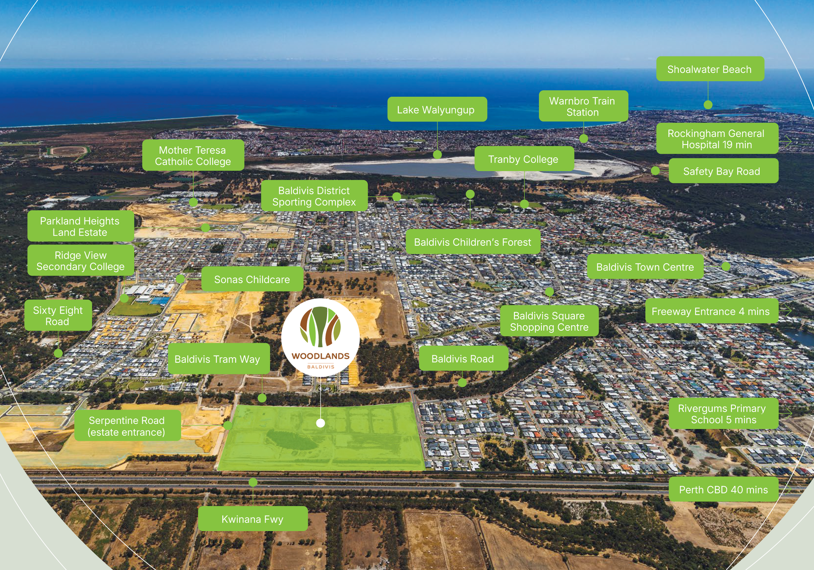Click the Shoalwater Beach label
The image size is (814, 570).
(710, 69)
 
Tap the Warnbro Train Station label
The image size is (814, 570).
(583, 106)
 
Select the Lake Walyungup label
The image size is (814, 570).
(437, 109)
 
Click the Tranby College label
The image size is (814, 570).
(524, 159)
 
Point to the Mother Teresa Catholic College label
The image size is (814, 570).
(193, 156)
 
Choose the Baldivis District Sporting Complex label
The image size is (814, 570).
(314, 196)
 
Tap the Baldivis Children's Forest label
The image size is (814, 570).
(473, 242)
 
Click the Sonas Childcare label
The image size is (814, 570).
(252, 279)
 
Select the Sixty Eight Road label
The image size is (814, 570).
(58, 316)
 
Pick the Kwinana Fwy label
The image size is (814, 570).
(252, 519)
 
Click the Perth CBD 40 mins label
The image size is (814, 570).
(723, 490)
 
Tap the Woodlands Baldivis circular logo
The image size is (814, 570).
(321, 337)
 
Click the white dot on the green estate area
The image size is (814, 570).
(321, 423)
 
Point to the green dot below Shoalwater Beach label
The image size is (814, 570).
(708, 105)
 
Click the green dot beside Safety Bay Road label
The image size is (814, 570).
(655, 171)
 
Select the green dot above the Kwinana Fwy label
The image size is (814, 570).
(253, 482)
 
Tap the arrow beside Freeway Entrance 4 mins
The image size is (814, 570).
(788, 310)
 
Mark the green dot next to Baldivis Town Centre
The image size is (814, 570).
(726, 266)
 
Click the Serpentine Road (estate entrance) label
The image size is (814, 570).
(127, 426)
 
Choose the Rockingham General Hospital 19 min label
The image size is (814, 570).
(716, 138)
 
